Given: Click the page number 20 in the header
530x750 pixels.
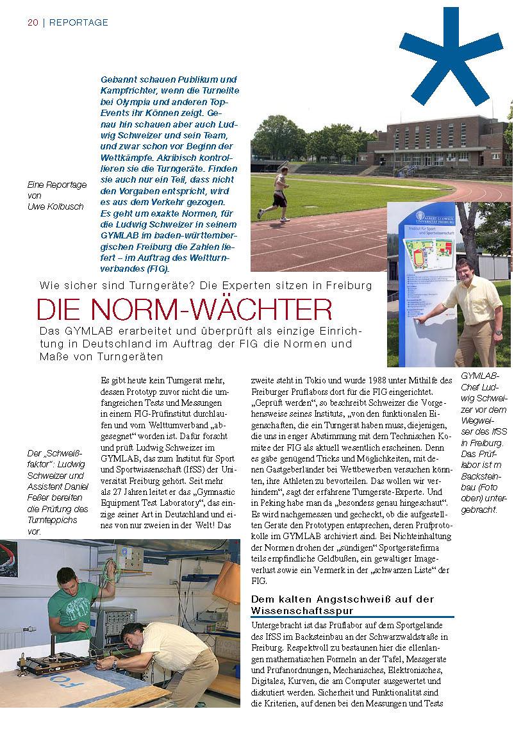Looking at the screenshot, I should point(32,22).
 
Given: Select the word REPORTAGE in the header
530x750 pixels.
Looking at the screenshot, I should point(78,22).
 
